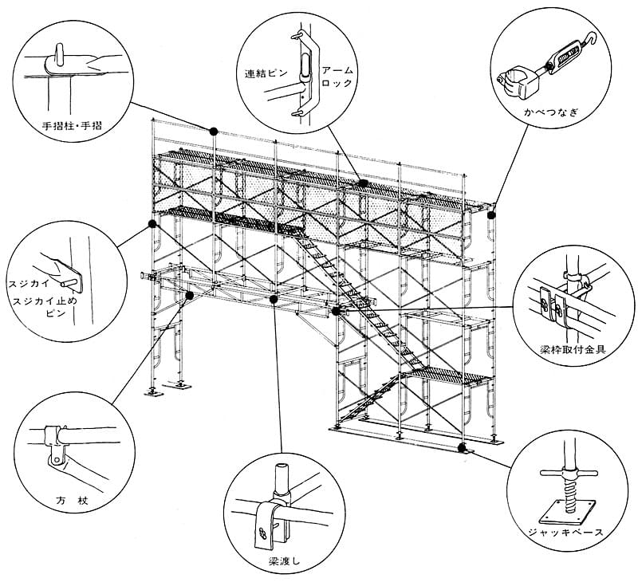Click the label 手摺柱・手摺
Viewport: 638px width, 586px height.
[77, 125]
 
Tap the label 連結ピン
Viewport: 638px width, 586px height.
[263, 73]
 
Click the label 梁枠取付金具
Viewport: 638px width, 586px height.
[567, 349]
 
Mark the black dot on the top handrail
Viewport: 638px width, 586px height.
[213, 131]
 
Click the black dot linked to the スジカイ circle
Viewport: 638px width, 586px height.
[151, 225]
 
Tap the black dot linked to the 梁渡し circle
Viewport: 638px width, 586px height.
[274, 300]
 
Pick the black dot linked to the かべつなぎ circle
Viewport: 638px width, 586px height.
[492, 214]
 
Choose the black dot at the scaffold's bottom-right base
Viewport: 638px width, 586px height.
[462, 447]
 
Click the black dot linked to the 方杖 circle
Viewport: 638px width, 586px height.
[189, 296]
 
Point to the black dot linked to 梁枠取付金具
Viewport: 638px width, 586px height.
[336, 310]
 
